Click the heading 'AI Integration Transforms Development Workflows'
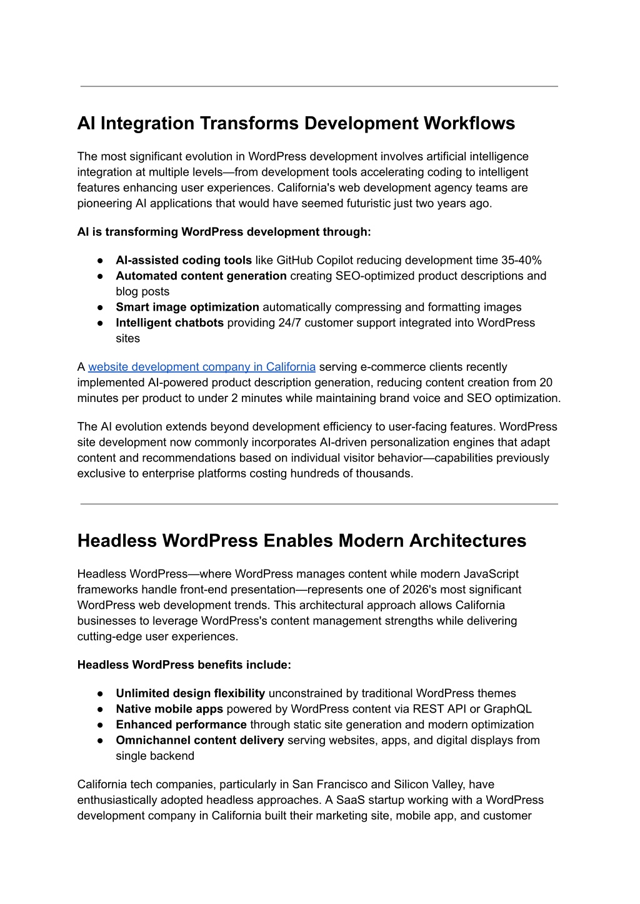coord(296,123)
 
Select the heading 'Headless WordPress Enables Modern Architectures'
coord(301,541)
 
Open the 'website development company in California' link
coord(201,367)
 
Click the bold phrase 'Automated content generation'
coord(201,276)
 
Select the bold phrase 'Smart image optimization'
coord(187,307)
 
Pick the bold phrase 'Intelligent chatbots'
coord(169,323)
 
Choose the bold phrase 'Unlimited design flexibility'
coord(190,693)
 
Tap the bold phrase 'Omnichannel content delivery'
coord(199,740)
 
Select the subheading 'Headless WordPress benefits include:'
coord(184,665)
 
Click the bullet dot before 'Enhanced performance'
coord(100,725)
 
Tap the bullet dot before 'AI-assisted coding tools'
coord(100,261)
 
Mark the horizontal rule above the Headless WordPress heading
coord(319,504)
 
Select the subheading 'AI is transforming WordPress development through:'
coord(224,232)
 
